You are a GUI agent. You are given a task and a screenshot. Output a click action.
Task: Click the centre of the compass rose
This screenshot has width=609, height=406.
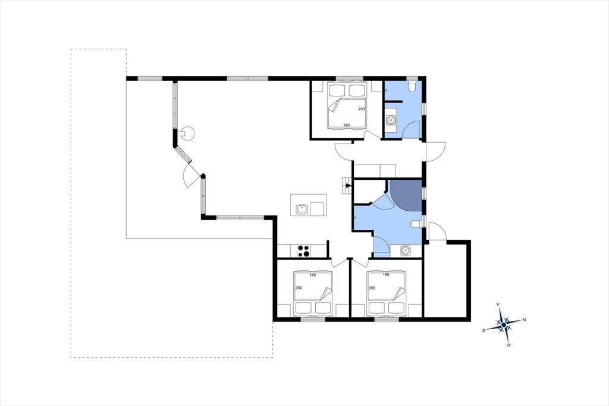tap(503, 324)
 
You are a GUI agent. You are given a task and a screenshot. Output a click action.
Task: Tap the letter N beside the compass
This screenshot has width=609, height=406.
tap(524, 320)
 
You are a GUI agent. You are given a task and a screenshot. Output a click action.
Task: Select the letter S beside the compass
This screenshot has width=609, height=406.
tap(484, 330)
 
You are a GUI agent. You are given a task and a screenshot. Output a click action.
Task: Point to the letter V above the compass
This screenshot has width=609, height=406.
tap(498, 305)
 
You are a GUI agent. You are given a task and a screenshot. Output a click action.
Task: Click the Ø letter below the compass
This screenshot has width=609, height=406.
tap(509, 345)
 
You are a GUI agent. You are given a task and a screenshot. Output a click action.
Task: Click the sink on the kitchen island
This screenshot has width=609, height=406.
tap(302, 209)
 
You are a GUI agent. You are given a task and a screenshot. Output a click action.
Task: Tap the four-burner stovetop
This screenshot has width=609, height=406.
tap(303, 251)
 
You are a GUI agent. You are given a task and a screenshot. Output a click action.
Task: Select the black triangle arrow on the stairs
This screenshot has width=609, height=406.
tap(349, 186)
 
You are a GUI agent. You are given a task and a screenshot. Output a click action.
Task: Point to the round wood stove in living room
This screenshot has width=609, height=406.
tap(188, 133)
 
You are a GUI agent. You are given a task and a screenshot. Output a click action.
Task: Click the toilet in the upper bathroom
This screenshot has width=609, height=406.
tap(412, 85)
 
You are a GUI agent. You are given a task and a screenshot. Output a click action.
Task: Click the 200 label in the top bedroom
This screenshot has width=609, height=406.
tap(362, 109)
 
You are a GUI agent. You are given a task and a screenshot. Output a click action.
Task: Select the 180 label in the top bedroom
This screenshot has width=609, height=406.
tap(347, 125)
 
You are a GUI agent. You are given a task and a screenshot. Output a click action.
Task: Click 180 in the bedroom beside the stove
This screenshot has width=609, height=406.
tap(312, 275)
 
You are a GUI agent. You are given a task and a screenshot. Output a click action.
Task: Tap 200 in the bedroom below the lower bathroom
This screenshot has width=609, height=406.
tap(372, 288)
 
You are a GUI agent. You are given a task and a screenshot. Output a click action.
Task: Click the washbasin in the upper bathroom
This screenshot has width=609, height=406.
tap(390, 120)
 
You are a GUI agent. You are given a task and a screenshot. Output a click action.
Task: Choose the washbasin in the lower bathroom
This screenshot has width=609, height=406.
tap(406, 250)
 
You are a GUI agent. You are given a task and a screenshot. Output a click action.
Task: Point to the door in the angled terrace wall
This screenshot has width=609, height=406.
tap(192, 176)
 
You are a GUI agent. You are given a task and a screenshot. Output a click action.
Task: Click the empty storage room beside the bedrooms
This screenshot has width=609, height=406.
tap(446, 280)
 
